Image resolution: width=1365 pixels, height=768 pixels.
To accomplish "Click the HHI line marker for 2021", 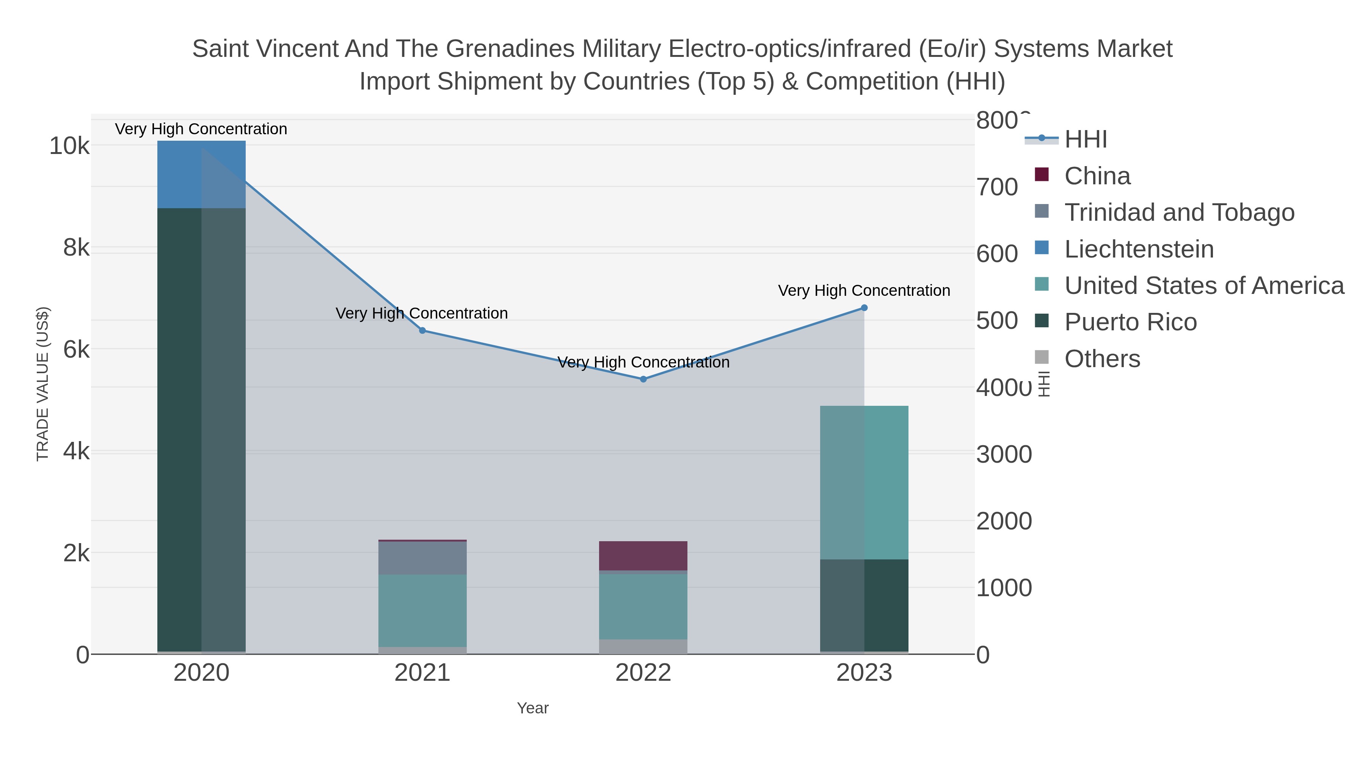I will coord(422,331).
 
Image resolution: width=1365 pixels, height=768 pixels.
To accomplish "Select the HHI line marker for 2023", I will coord(864,308).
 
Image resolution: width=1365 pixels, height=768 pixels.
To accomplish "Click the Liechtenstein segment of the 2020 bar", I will coord(201,174).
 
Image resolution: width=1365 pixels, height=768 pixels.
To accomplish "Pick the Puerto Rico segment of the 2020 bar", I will coord(201,429).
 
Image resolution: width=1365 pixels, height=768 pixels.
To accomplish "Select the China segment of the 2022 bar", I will coord(643,556).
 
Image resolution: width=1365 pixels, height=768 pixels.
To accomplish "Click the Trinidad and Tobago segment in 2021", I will coord(422,558).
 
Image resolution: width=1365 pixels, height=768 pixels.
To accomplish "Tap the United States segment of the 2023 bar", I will coord(864,482).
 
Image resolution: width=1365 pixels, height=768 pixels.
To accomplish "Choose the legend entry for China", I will coord(1097,176).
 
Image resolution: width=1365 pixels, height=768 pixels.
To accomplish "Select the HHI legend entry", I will coord(1085,140).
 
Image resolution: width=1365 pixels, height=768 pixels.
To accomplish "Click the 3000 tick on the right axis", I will coord(1004,455).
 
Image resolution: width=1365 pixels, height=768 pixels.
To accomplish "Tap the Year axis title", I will coord(533,708).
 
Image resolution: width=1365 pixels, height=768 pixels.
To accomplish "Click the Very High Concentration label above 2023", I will coord(864,291).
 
